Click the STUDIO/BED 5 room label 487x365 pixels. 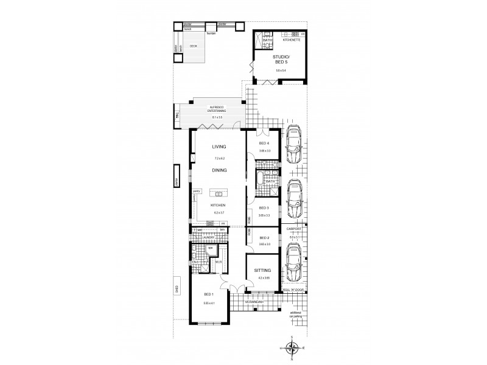(281, 61)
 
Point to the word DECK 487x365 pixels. (193, 46)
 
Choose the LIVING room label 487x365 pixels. (219, 147)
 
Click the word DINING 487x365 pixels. (219, 170)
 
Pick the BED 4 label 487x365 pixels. (264, 144)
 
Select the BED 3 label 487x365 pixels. (264, 207)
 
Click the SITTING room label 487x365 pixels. (263, 270)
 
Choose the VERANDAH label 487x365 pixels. (254, 302)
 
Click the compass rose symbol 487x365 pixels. (293, 348)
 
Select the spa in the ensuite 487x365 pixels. (209, 248)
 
